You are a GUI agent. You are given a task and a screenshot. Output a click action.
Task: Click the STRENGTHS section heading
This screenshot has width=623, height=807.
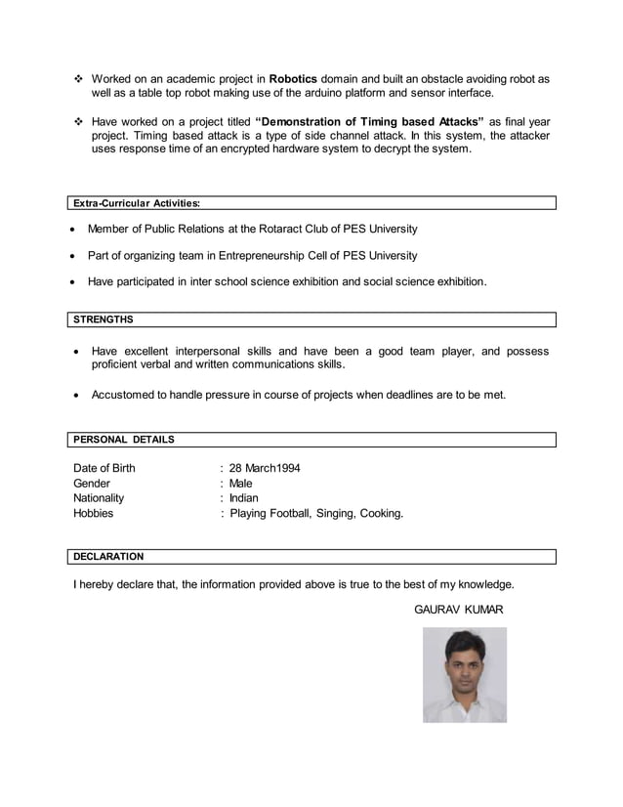[x=104, y=319]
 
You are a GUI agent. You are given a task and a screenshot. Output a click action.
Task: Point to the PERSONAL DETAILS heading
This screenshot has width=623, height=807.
[x=124, y=440]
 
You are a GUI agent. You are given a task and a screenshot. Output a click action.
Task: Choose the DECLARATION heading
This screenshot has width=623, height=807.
[x=108, y=557]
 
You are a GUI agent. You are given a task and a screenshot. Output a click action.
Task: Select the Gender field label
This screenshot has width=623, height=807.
[x=92, y=484]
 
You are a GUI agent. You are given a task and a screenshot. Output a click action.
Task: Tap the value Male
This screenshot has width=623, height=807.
[x=240, y=484]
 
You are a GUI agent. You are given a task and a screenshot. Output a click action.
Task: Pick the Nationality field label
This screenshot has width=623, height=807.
[x=99, y=498]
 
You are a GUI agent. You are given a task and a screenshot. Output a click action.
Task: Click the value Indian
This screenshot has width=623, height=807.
[x=243, y=498]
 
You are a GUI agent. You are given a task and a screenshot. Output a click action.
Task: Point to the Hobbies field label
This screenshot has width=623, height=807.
[x=94, y=513]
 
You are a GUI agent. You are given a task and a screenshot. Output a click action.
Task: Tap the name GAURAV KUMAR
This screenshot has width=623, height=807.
[x=459, y=610]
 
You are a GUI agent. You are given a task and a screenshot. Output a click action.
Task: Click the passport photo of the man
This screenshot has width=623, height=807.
[x=465, y=675]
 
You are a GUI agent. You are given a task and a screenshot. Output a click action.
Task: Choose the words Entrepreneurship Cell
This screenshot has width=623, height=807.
[x=271, y=255]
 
